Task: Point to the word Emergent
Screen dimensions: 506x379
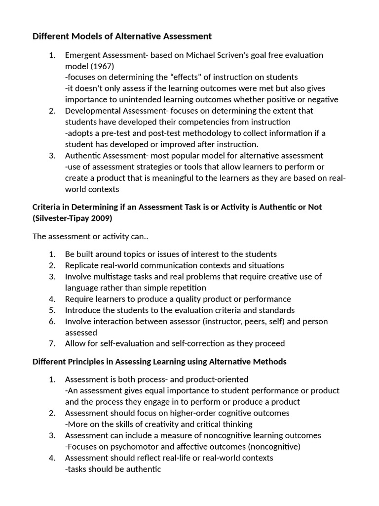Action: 83,55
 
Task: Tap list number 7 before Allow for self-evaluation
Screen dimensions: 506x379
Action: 52,343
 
